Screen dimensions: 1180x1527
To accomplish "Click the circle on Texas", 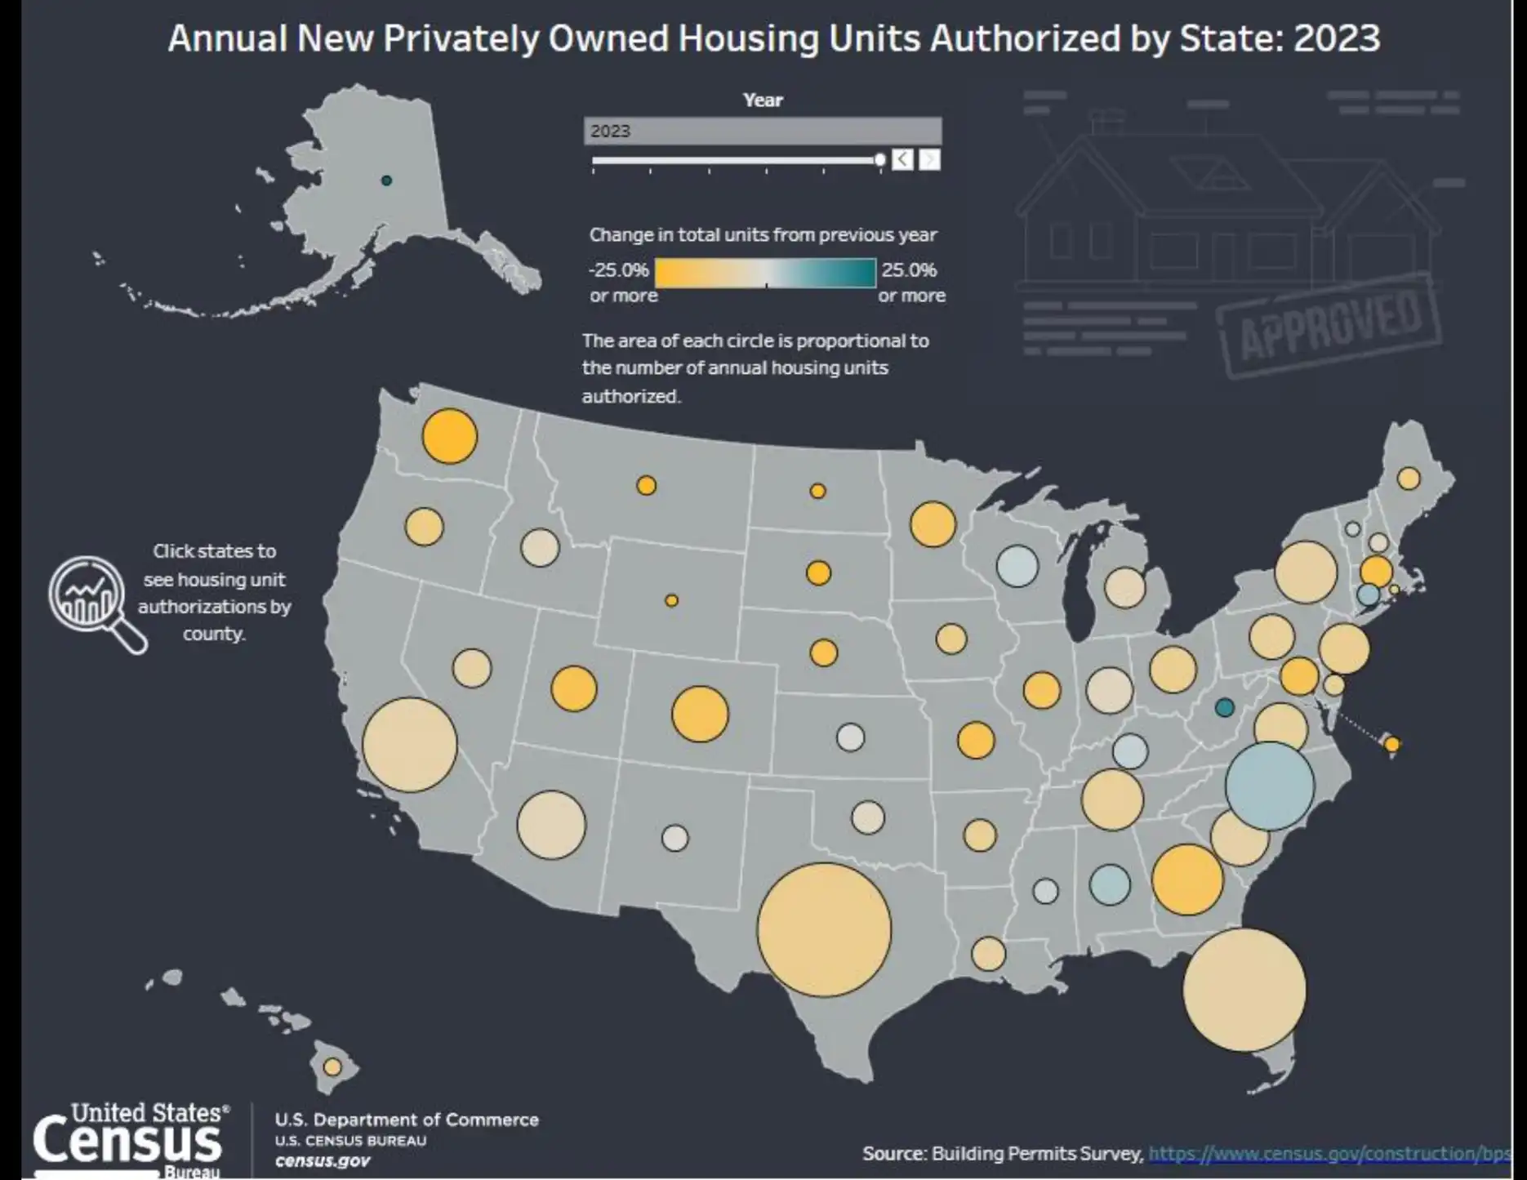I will pos(824,929).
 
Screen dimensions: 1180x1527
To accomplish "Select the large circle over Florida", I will pos(1244,990).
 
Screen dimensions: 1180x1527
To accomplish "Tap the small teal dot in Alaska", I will pos(386,180).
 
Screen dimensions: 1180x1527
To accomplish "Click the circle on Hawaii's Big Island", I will pos(332,1066).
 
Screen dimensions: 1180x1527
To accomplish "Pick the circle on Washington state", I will pos(449,436).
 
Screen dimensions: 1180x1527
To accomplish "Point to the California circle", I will pos(409,744).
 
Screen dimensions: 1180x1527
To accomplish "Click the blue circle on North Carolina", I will pos(1269,786).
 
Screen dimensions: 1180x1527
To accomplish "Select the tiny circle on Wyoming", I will pos(671,600).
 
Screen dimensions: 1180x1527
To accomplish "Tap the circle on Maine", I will pos(1408,478).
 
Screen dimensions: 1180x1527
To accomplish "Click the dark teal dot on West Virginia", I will pos(1223,707).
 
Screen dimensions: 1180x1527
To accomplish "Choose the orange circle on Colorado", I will pos(699,714).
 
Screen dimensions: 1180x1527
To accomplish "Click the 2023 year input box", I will pos(762,131).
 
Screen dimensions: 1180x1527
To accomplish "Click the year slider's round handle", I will pos(879,160).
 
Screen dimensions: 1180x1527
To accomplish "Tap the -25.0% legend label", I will pos(618,269).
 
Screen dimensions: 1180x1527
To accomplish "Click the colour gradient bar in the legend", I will pos(764,273).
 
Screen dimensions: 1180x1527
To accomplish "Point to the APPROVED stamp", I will pos(1329,327).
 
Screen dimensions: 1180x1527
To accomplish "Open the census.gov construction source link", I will pos(1329,1153).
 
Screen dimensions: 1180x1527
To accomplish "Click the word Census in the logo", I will pos(127,1141).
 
